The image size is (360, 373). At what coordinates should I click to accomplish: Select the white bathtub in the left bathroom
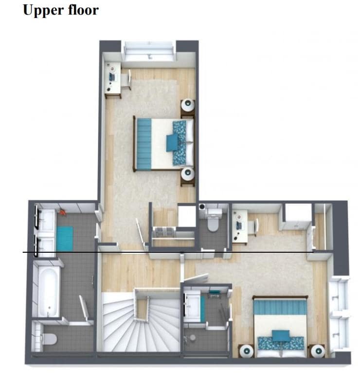(x=48, y=292)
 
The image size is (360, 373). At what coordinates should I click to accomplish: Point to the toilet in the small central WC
(x=213, y=222)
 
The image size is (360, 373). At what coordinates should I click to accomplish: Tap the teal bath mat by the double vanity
(x=65, y=238)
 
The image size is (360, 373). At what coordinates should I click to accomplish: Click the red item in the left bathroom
(x=62, y=212)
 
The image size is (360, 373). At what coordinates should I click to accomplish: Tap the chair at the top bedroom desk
(x=126, y=79)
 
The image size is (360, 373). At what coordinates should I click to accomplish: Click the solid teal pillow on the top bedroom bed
(x=172, y=143)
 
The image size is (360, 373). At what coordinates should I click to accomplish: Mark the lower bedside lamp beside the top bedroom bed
(x=188, y=173)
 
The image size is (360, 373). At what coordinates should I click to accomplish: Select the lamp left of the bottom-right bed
(x=247, y=351)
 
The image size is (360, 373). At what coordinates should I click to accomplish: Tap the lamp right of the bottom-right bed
(x=318, y=351)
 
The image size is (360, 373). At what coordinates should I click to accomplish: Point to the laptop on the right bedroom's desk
(x=238, y=225)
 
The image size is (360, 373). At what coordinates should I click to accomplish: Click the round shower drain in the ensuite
(x=193, y=337)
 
